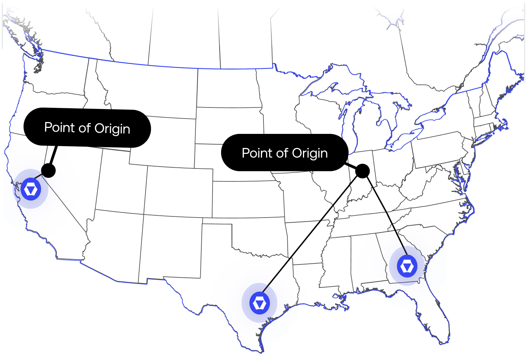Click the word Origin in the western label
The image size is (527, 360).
click(x=112, y=129)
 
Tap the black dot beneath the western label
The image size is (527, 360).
click(x=48, y=170)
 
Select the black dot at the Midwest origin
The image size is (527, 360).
click(x=362, y=171)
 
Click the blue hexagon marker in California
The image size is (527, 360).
click(x=31, y=189)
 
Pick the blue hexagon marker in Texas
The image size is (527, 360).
click(x=259, y=303)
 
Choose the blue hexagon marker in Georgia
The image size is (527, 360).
click(x=407, y=266)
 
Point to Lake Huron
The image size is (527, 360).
click(x=391, y=108)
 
